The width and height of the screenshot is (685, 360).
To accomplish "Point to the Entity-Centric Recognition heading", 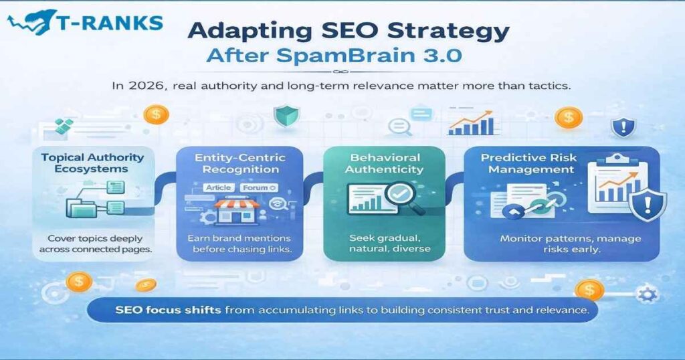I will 239,163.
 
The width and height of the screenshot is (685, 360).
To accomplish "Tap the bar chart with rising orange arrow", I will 473,122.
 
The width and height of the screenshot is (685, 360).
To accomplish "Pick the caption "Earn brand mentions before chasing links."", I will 239,245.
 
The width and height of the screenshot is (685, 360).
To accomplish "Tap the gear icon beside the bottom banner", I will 647,295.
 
